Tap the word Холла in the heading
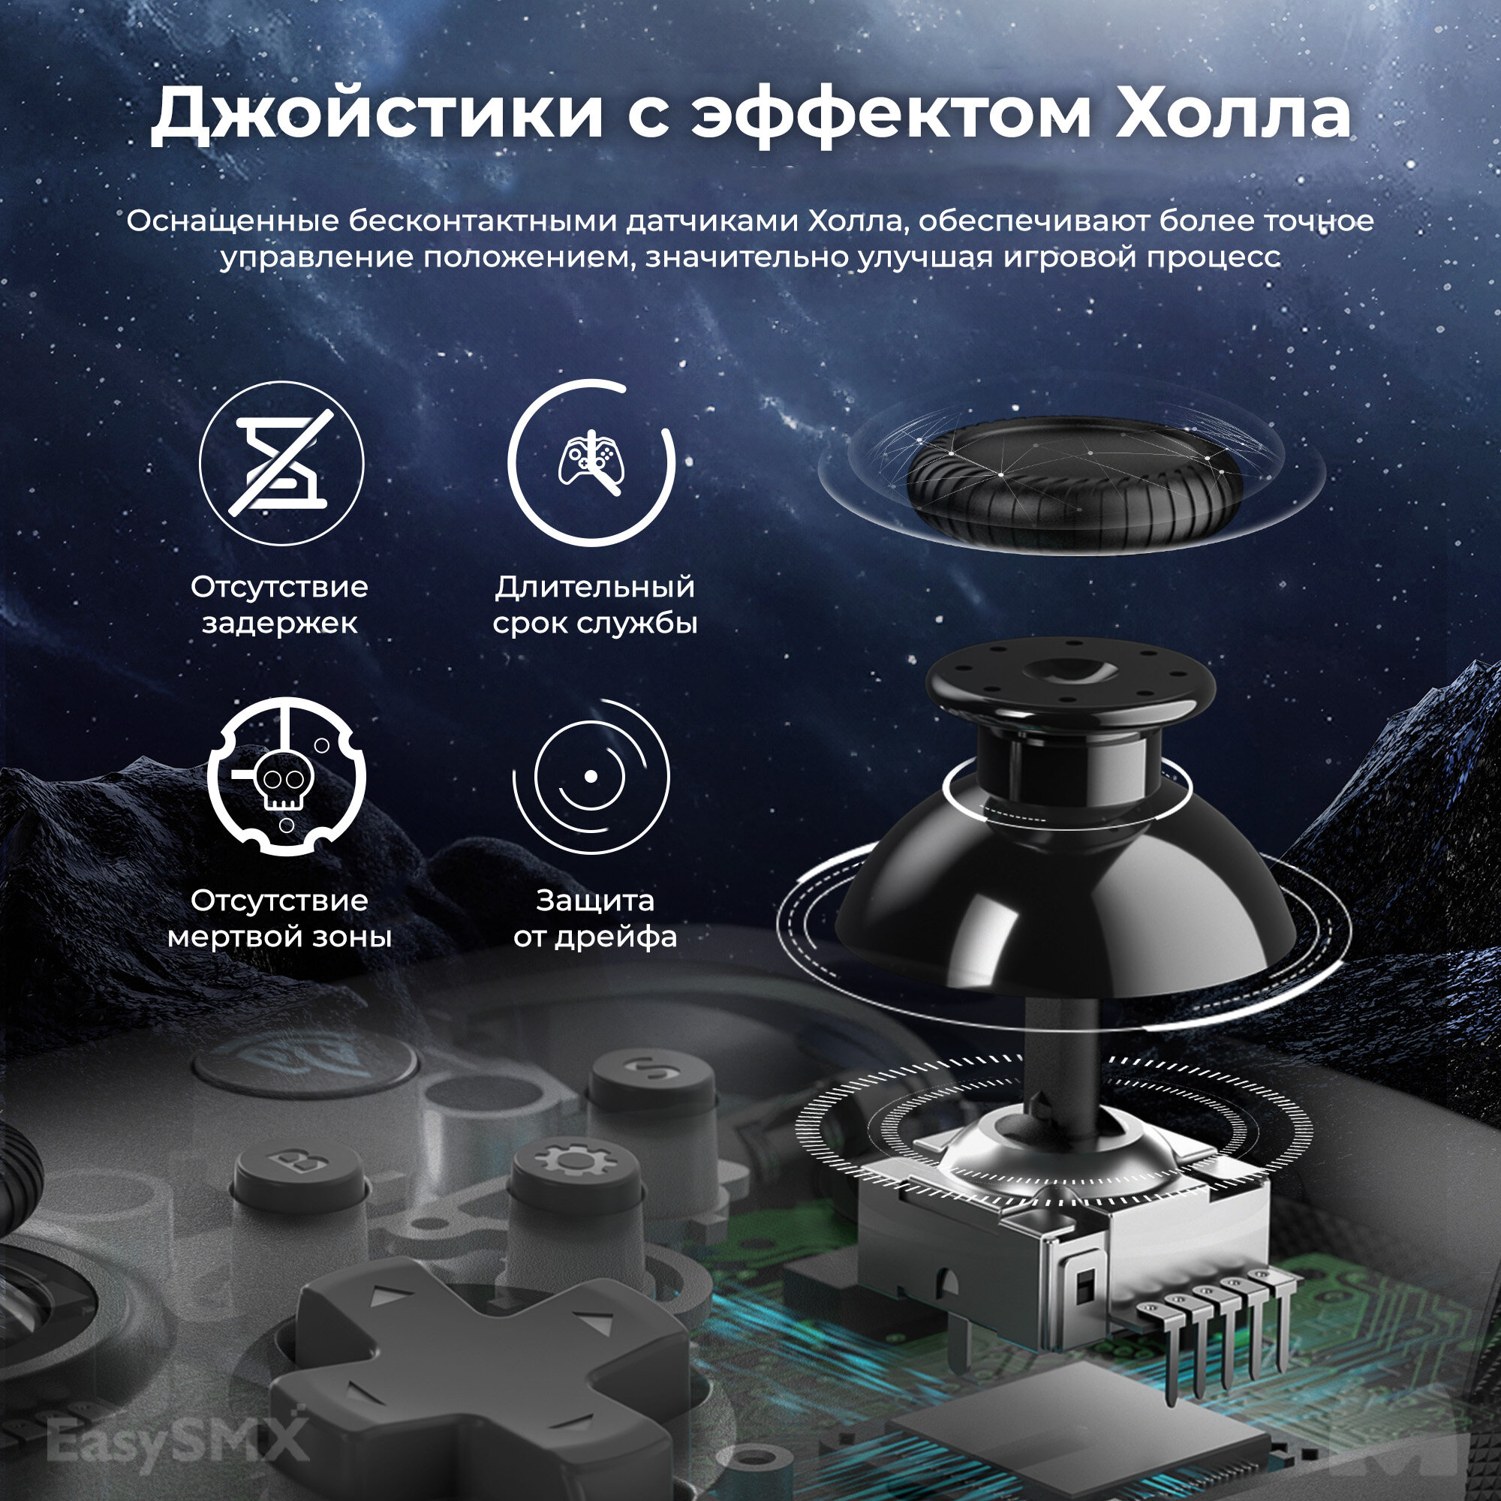pos(1233,114)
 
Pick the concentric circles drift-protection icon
pos(591,776)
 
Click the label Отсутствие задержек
pos(280,604)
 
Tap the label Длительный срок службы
pos(595,604)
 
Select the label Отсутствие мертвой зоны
pos(280,919)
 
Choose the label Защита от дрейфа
pos(595,919)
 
